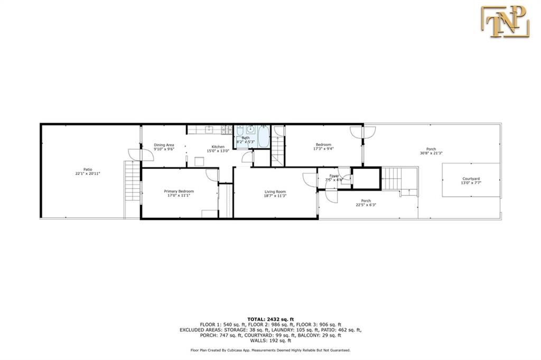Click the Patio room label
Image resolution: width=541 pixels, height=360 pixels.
88,170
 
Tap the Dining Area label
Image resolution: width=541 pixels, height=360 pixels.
164,145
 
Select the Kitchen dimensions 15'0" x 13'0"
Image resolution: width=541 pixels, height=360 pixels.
218,151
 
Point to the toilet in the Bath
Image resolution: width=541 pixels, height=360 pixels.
240,131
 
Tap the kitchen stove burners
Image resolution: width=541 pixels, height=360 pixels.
226,130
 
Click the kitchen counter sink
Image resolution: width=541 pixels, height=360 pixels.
209,130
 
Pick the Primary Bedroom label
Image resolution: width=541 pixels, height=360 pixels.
179,191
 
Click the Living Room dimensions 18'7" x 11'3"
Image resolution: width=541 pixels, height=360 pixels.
275,196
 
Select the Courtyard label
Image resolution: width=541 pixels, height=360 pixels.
471,179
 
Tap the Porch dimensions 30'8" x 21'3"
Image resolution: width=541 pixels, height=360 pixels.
431,153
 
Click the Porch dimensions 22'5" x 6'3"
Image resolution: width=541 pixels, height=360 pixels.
366,205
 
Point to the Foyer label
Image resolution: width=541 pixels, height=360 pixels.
334,176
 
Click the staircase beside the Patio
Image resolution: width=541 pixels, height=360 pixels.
133,180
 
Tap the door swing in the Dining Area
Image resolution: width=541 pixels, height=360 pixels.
141,154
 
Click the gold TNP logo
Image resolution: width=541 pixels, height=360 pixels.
505,22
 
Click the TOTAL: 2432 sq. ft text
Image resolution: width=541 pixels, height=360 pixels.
270,319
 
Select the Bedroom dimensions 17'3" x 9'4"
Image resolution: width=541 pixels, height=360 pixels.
323,149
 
